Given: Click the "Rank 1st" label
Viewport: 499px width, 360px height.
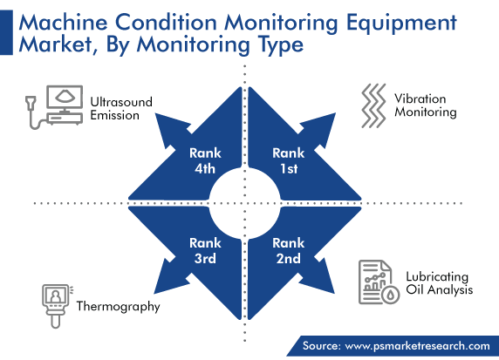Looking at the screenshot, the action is [x=289, y=160].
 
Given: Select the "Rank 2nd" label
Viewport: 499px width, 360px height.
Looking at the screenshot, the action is [x=289, y=250].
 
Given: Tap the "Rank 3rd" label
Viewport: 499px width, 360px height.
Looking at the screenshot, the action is [x=205, y=250].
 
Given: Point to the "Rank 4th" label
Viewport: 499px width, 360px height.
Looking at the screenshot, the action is [x=205, y=160].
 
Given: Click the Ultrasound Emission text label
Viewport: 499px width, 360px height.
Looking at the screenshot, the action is [x=121, y=108].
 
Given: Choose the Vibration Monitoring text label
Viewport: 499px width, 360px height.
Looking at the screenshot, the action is [x=426, y=105].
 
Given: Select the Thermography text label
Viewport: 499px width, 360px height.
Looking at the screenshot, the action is [x=118, y=307].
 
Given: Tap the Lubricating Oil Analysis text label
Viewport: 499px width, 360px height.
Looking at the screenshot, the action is [x=439, y=283].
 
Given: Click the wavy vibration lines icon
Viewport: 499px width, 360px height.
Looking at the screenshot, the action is [x=373, y=105].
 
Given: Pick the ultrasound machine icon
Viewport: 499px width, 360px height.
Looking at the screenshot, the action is [x=54, y=106].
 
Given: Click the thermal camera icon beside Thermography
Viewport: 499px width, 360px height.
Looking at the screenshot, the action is [x=57, y=306].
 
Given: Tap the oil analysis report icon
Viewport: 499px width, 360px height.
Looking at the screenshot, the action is [x=379, y=282].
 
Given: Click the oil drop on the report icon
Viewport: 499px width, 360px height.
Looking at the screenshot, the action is [x=391, y=295].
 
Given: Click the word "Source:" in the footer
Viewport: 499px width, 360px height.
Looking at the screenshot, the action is [x=321, y=346].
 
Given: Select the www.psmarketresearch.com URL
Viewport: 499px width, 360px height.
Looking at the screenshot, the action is [x=418, y=346].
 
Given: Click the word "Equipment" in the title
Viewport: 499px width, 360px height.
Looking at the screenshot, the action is [x=401, y=24].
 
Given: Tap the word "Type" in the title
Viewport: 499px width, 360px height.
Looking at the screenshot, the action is [x=281, y=45].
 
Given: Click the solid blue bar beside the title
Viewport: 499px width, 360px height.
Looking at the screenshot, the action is [x=6, y=32].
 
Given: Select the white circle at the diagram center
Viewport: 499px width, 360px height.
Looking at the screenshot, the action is [x=245, y=203].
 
